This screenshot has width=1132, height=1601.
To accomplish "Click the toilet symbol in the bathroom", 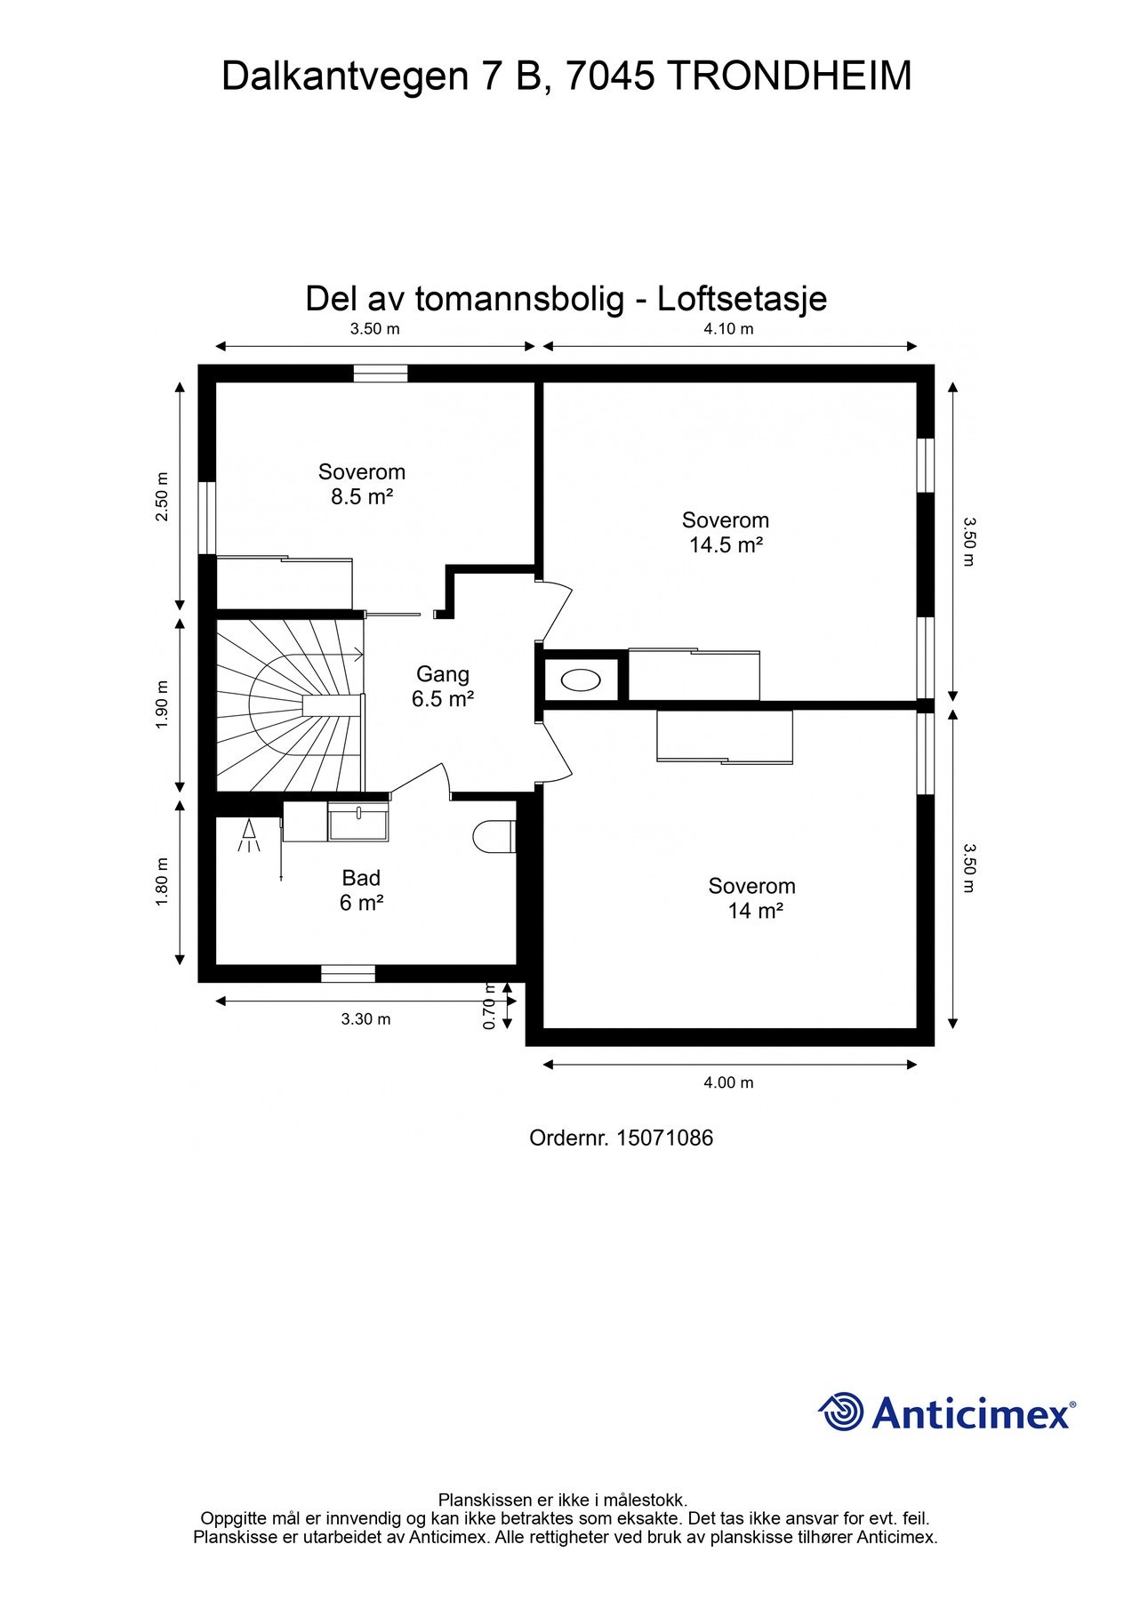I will tap(494, 837).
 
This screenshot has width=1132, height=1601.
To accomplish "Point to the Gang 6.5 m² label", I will tap(442, 687).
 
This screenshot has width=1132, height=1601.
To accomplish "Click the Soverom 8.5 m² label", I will tap(362, 484).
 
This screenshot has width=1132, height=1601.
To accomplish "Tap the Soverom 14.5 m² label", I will tap(726, 532).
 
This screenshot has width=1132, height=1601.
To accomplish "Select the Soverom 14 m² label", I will tap(752, 897).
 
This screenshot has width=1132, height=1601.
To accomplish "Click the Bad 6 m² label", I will tap(361, 890).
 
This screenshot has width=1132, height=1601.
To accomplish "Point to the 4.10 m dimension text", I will tap(728, 328).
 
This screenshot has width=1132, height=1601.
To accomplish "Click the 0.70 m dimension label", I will tap(488, 1006).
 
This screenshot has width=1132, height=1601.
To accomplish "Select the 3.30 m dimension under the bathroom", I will tap(365, 1019).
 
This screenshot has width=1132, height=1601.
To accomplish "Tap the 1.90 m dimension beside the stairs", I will tap(162, 704).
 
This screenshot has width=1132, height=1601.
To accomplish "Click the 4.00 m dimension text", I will tap(728, 1082).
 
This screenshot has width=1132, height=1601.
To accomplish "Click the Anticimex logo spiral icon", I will tap(840, 1412).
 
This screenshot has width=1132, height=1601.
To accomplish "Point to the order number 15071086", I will tap(664, 1138).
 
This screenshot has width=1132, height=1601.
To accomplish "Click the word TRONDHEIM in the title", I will tap(789, 76).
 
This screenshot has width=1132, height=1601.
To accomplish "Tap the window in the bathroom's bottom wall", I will tap(348, 974).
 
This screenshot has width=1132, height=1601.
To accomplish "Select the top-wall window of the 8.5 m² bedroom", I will tap(381, 374).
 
